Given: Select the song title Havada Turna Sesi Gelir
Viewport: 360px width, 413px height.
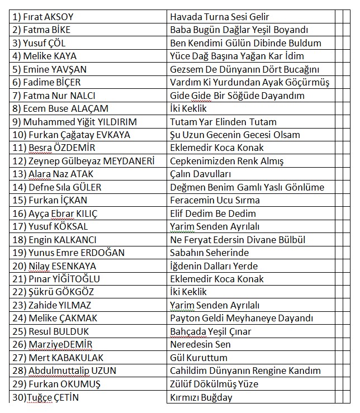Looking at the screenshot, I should click(220, 17).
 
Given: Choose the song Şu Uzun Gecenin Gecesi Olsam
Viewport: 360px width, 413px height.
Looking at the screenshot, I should click(235, 135).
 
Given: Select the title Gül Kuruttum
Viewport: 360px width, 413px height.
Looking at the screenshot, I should click(198, 358).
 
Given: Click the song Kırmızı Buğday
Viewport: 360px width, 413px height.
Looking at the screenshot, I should click(201, 397).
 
